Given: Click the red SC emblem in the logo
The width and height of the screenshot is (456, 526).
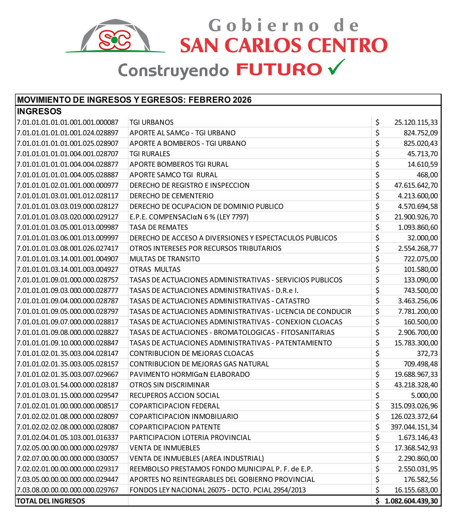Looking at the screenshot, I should [x=115, y=40].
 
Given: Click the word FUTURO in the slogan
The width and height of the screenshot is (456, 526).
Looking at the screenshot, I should [x=279, y=70].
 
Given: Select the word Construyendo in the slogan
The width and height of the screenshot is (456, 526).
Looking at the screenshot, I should [x=173, y=71].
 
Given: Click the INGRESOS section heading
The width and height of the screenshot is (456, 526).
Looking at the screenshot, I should [x=39, y=111].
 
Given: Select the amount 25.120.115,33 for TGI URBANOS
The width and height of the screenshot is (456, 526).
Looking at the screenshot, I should [x=416, y=122].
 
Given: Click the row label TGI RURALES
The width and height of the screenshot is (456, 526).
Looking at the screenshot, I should [x=150, y=154].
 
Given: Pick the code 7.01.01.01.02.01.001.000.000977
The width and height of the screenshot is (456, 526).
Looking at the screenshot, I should [x=68, y=185].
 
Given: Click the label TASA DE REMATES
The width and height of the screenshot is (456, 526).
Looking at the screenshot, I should [x=159, y=227].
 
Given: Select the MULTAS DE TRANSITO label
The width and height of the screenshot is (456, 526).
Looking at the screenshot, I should [x=165, y=259].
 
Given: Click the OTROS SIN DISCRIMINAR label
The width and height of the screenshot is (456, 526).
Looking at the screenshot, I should [x=169, y=385].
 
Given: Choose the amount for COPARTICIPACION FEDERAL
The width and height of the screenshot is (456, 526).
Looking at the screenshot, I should [x=414, y=406].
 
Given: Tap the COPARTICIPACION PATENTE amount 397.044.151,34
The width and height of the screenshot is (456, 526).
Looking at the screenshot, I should [x=414, y=427].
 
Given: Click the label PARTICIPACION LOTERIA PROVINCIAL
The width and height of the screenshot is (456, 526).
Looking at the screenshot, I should [x=190, y=438].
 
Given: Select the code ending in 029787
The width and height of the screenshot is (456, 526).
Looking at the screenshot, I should [x=68, y=448].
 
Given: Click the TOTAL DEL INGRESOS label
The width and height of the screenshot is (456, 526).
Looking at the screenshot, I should [x=51, y=501].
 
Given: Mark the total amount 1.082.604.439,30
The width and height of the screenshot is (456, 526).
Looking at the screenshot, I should [x=411, y=501].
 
